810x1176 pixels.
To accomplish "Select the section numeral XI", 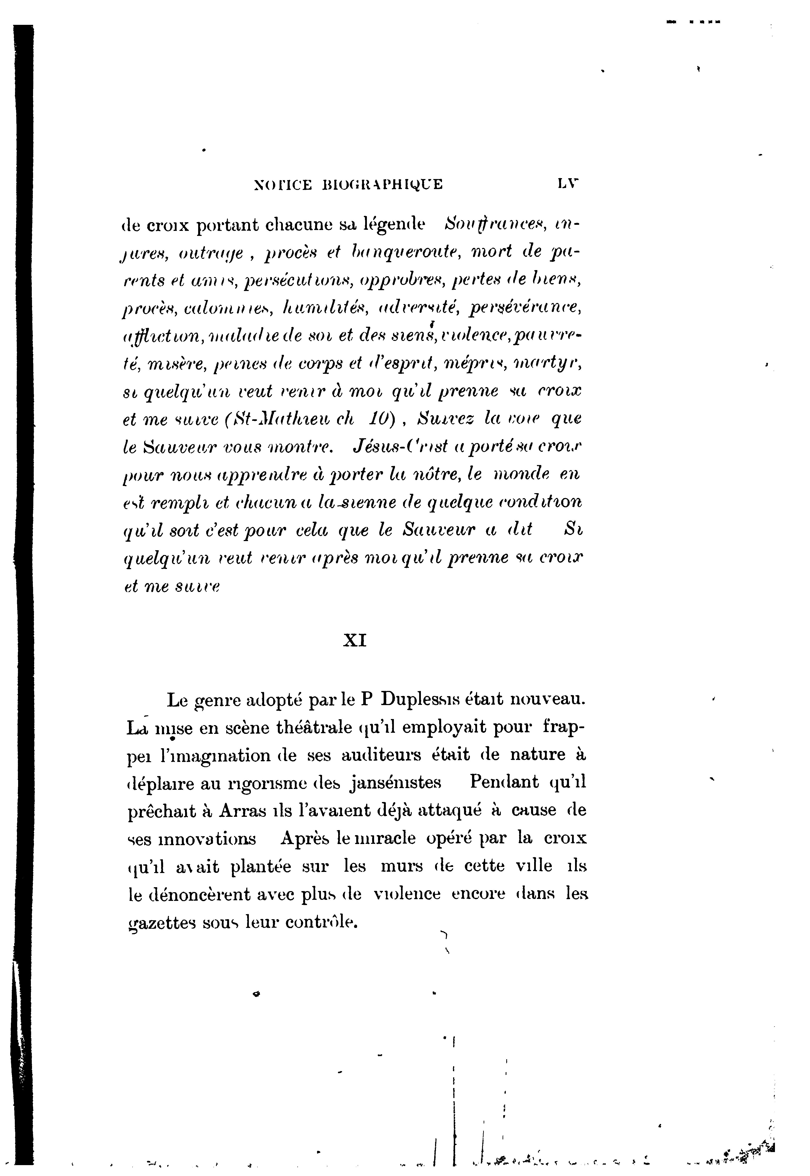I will pyautogui.click(x=355, y=641).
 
